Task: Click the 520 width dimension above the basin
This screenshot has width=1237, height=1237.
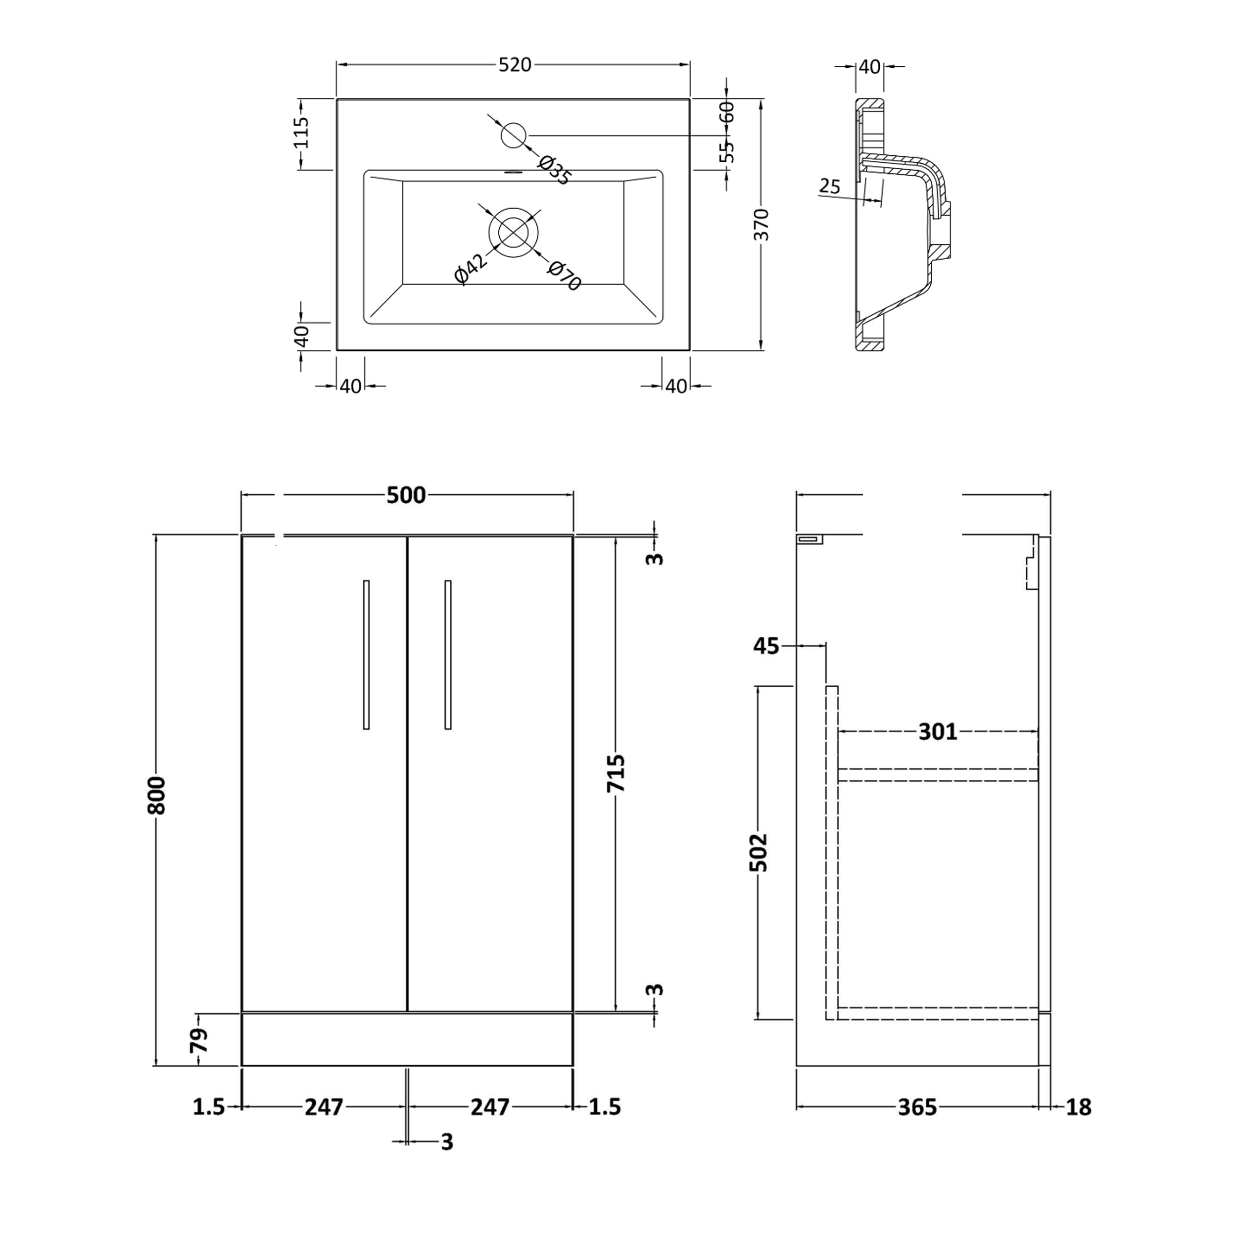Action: (515, 65)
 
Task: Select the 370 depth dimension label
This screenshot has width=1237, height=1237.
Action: (761, 224)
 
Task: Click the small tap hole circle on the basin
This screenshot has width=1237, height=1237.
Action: (513, 135)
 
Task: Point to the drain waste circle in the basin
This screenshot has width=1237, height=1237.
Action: (513, 232)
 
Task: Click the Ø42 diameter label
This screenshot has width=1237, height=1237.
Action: (471, 268)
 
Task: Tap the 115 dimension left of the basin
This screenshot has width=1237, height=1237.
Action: (301, 133)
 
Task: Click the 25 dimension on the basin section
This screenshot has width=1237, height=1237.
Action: (829, 187)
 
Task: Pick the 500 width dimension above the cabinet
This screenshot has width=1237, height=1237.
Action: (406, 495)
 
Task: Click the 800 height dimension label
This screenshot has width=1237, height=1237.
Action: (157, 795)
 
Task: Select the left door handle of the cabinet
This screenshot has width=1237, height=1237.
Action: (366, 654)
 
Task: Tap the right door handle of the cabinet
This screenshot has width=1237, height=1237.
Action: (448, 654)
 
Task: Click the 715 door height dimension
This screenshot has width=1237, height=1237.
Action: (616, 773)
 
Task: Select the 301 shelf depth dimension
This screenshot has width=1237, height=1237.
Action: (937, 732)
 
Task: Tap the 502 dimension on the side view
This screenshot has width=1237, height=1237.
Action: (759, 852)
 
